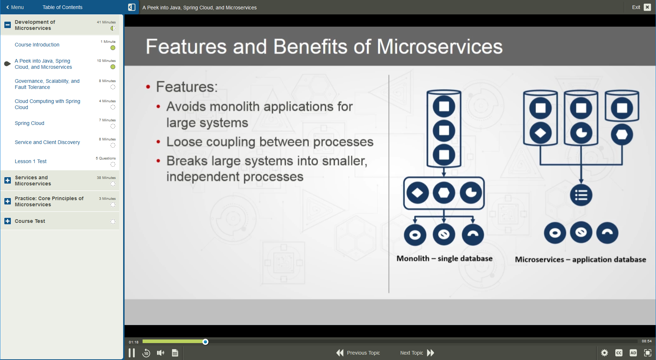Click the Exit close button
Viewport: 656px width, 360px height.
(x=647, y=7)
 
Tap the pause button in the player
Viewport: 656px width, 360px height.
(x=132, y=353)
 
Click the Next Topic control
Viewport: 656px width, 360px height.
(x=417, y=353)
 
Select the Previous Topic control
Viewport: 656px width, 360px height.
(x=358, y=353)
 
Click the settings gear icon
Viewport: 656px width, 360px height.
(x=605, y=353)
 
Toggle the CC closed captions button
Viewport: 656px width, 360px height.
(x=619, y=353)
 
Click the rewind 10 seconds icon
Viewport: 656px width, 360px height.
(x=146, y=353)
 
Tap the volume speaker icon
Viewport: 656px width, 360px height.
(x=161, y=353)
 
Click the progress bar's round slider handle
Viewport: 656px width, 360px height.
(x=205, y=342)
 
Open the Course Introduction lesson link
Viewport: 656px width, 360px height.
(x=37, y=45)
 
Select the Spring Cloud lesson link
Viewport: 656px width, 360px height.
(x=30, y=123)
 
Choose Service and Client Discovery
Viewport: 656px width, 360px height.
(x=47, y=142)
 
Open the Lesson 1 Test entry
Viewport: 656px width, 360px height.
(x=31, y=161)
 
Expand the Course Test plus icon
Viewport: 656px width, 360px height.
(x=8, y=221)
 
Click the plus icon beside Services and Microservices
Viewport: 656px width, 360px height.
(x=8, y=180)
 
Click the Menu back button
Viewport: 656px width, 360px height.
(x=15, y=7)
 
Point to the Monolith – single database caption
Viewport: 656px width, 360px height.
(x=444, y=258)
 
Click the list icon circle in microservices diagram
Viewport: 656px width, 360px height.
(x=581, y=195)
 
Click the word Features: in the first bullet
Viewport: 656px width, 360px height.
(x=187, y=87)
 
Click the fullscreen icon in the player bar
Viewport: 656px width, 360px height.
(x=647, y=353)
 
